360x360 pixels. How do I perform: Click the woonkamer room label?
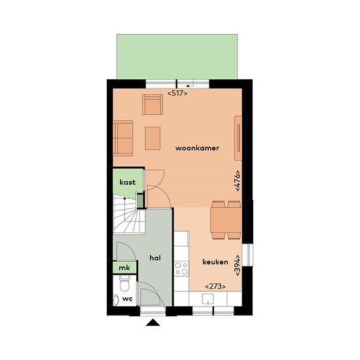click(197, 148)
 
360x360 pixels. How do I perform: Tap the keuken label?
click(215, 262)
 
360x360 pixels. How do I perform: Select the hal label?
click(155, 258)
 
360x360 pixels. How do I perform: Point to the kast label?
click(128, 183)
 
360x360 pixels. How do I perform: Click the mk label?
click(124, 268)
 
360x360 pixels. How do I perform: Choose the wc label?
click(128, 298)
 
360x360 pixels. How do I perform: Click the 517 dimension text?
click(177, 94)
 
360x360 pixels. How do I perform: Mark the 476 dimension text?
click(238, 181)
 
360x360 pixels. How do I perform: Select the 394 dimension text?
click(238, 265)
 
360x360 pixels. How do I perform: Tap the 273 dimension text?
click(215, 287)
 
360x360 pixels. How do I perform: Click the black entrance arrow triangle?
click(153, 323)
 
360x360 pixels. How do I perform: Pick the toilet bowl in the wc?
click(124, 284)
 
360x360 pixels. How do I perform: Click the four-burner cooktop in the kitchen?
click(181, 269)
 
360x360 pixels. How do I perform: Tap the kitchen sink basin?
click(207, 299)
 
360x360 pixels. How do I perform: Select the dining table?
click(226, 220)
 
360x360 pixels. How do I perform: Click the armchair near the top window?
click(153, 105)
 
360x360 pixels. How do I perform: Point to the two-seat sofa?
click(123, 138)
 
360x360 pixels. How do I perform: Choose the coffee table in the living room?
click(153, 139)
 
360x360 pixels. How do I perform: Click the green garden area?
click(177, 57)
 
